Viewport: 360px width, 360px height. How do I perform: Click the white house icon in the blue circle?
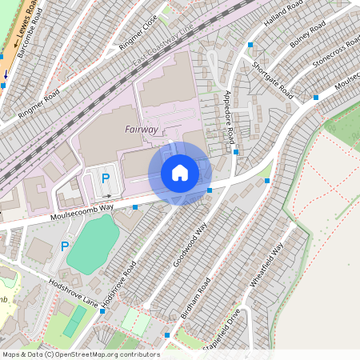pos(180,173)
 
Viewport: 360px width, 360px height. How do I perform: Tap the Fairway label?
pos(141,129)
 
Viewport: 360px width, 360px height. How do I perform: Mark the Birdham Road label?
pos(195,298)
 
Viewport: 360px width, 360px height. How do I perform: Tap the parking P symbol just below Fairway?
pos(105,178)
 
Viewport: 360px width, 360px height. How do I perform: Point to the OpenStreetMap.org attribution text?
pos(80,354)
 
